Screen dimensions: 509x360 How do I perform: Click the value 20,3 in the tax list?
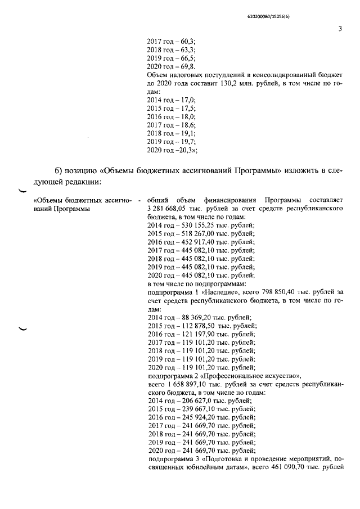coord(185,150)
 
